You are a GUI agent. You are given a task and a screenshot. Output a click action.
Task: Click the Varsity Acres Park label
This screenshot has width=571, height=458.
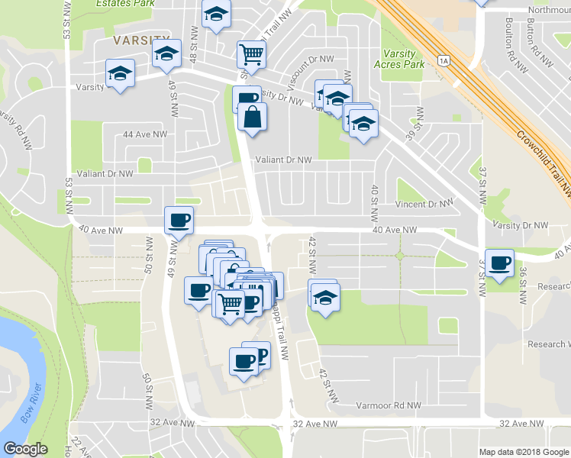399,59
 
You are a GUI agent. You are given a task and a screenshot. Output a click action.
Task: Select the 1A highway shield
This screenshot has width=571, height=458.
443,60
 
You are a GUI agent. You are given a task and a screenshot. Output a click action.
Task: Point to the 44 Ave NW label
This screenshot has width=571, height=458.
144,134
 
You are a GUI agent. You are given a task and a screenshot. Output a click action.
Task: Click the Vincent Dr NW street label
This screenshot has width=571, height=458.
424,205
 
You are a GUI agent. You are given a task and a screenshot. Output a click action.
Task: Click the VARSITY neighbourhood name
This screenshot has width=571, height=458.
140,39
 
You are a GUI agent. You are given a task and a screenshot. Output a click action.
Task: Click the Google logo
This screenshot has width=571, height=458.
25,450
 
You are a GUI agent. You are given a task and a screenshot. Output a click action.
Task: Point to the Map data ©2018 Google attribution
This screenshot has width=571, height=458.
523,452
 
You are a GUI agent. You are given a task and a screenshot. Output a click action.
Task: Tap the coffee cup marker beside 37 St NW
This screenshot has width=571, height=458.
500,263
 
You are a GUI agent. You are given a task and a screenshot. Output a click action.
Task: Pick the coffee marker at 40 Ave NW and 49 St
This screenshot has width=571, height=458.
179,221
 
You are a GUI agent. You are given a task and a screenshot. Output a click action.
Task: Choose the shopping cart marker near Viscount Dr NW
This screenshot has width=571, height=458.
250,54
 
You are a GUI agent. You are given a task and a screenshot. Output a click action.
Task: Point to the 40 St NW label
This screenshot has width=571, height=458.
374,199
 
